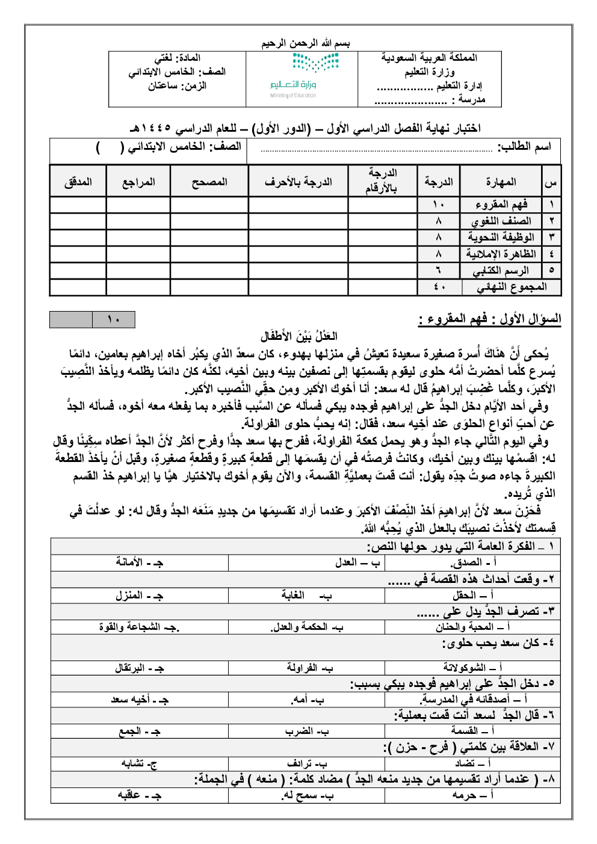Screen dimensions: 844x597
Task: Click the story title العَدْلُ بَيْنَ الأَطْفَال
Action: (299, 336)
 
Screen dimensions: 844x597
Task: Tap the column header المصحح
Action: (209, 182)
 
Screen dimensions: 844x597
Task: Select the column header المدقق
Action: (78, 182)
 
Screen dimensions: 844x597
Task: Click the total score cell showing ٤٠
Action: (439, 287)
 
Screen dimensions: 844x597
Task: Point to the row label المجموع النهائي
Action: (512, 287)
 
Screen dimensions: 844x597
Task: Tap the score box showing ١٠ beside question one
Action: (114, 319)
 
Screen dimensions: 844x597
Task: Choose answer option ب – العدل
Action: (358, 562)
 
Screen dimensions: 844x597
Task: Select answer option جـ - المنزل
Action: (139, 596)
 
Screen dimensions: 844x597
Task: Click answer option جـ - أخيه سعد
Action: (140, 700)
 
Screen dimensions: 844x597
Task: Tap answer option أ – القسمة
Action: (472, 731)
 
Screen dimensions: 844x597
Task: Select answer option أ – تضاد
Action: (472, 763)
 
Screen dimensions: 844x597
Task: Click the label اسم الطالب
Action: (524, 147)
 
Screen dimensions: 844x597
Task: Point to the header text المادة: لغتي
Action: (178, 58)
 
